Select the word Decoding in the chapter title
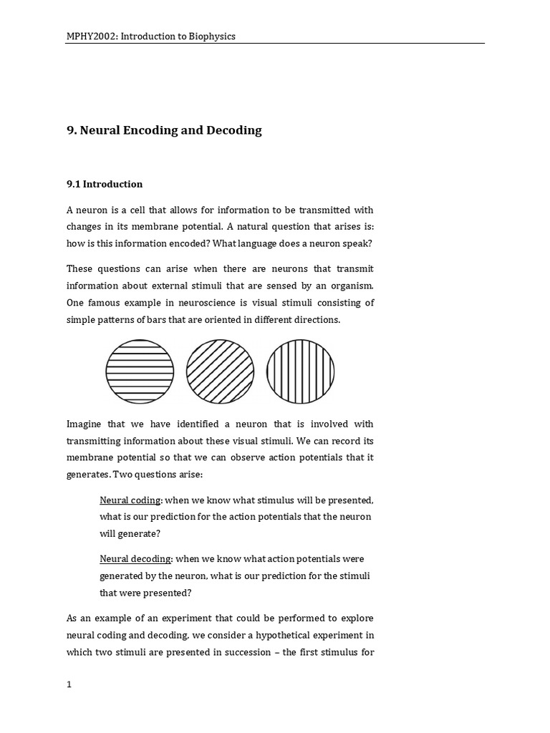234,130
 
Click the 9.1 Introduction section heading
105,184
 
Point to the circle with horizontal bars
140,372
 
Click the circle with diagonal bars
220,372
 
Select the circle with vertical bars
300,372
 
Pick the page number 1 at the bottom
69,684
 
